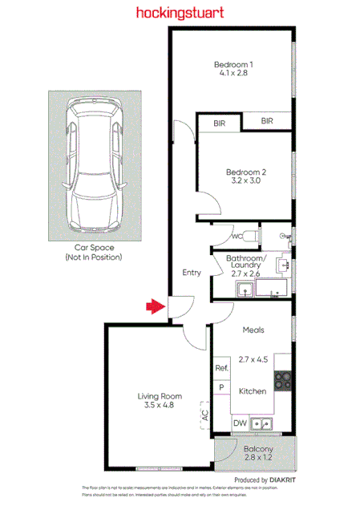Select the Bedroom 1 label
pos(233,64)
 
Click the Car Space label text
pos(93,248)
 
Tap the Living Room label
pos(160,395)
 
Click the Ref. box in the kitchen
pos(221,368)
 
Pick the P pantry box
pos(221,387)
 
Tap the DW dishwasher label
pos(238,423)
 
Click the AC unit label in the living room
pos(205,415)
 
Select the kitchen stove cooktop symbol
pos(282,382)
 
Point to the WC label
pos(237,237)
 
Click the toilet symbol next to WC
pos(250,236)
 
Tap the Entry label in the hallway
pos(192,273)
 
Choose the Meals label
pos(253,330)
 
